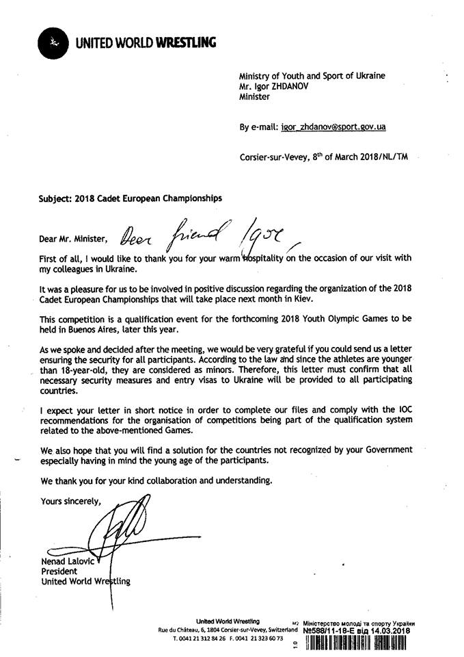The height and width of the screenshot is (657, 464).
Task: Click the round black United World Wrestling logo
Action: (x=53, y=43)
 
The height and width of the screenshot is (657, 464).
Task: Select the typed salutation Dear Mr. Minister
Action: (x=74, y=239)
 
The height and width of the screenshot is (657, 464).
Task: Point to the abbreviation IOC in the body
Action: (x=403, y=411)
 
